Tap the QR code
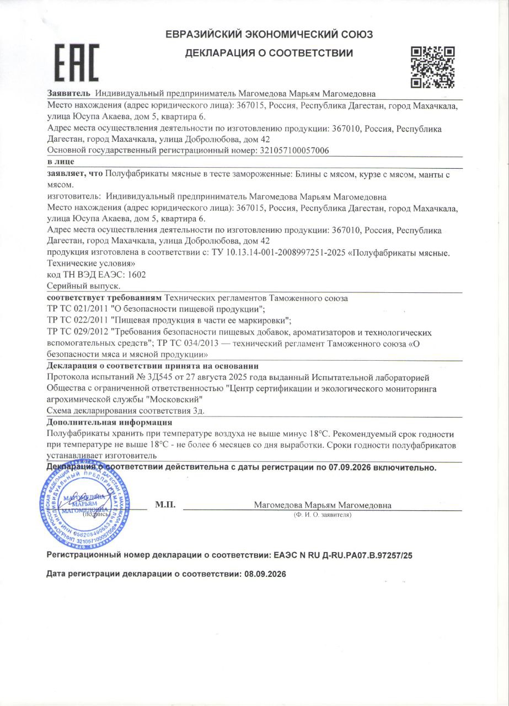point(433,67)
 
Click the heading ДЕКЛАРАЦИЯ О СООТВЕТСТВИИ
point(269,54)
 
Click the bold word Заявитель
point(69,94)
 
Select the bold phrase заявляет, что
point(76,174)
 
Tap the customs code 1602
point(136,275)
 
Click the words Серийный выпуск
point(84,286)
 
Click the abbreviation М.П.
point(165,505)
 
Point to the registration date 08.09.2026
point(264,574)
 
